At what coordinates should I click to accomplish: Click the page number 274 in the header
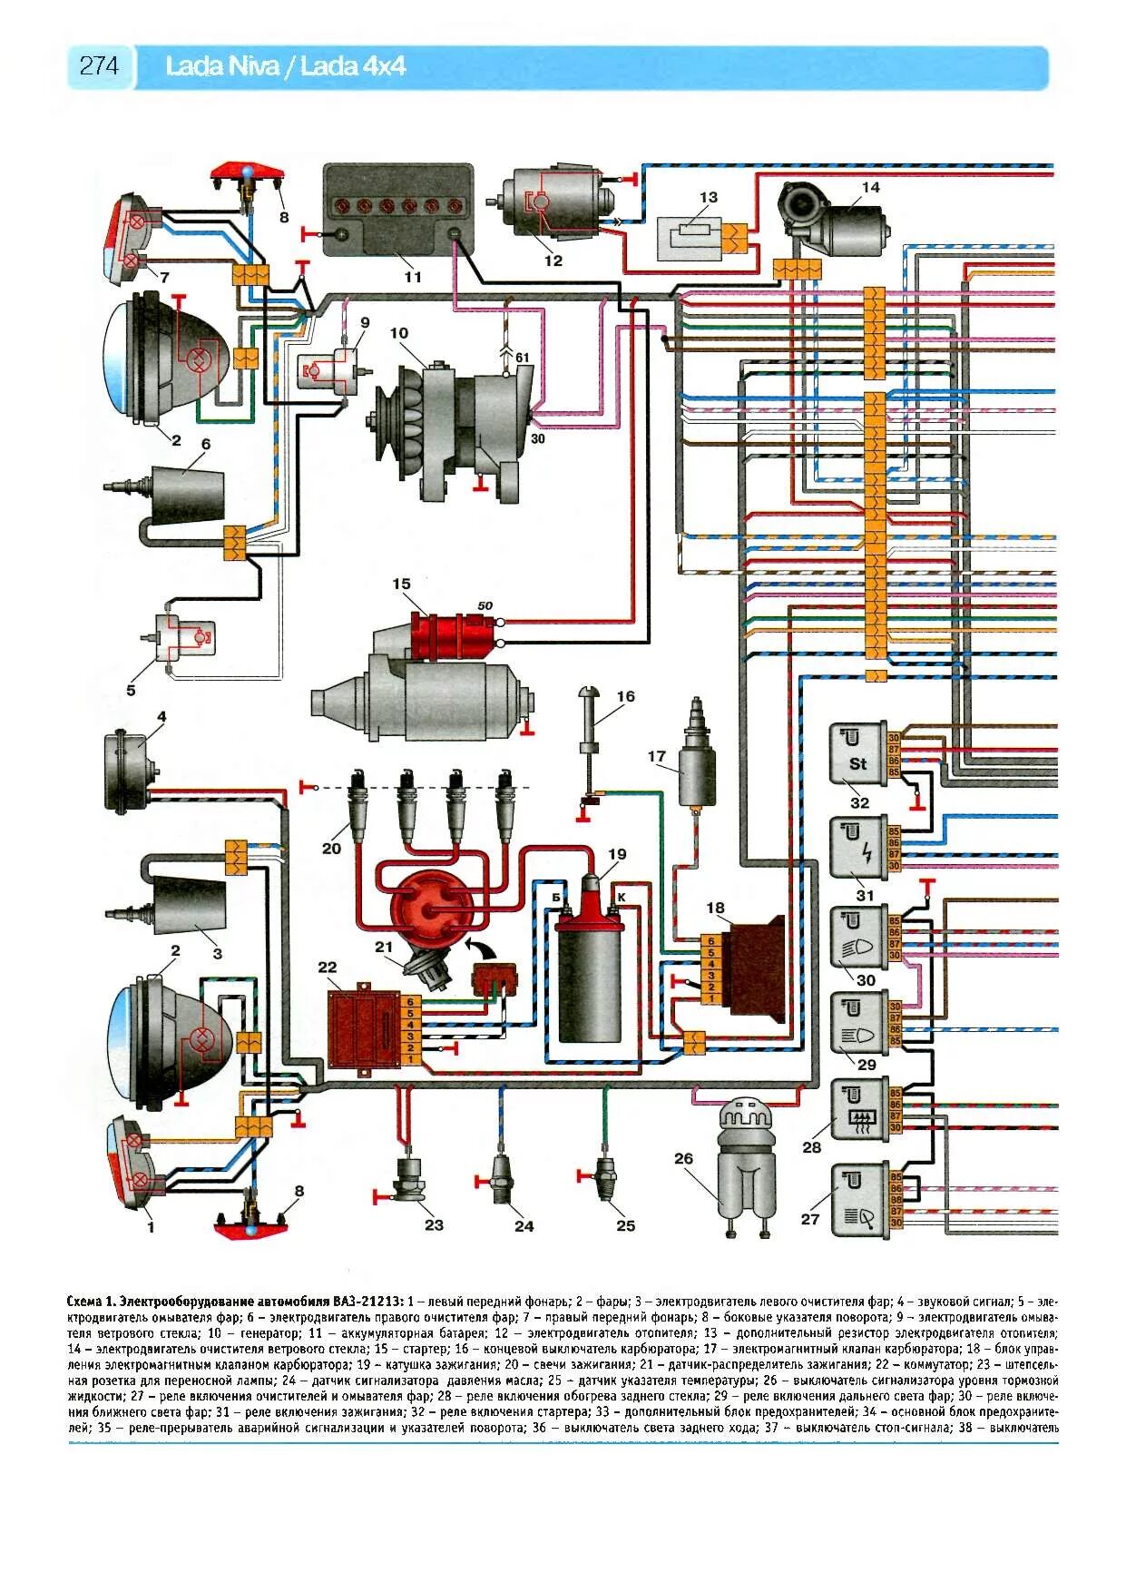[99, 66]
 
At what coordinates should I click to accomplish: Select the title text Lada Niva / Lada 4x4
[285, 66]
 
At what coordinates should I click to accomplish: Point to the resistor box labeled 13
[690, 238]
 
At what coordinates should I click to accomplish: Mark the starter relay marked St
[858, 752]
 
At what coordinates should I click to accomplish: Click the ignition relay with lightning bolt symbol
[858, 846]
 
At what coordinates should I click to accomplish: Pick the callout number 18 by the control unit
[716, 907]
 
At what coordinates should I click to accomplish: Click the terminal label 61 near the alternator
[523, 358]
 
